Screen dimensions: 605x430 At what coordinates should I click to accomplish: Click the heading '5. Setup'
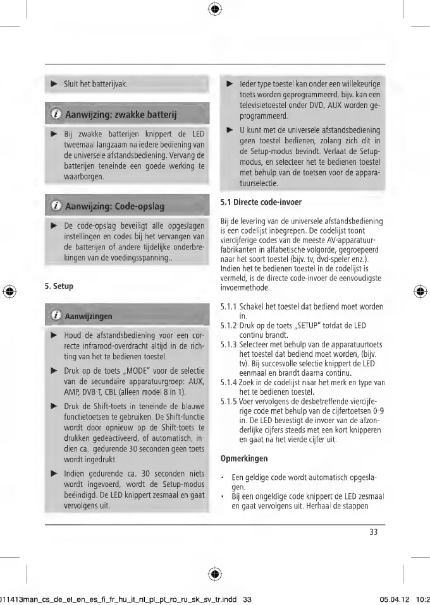click(x=59, y=286)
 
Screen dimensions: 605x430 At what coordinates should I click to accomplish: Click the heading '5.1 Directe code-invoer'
click(x=261, y=203)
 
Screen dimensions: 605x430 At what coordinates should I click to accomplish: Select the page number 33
click(x=373, y=532)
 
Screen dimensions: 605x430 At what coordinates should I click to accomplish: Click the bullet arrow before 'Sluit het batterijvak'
click(x=53, y=83)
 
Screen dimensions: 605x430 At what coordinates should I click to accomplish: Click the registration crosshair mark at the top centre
click(x=215, y=9)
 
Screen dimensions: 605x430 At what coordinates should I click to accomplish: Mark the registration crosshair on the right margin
click(x=421, y=292)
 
